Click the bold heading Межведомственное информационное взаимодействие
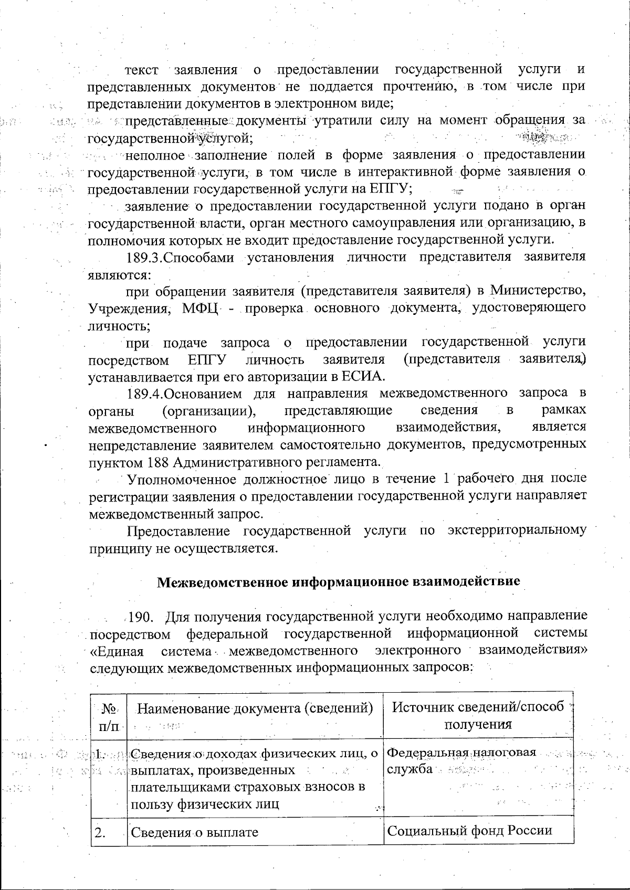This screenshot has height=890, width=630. click(x=339, y=581)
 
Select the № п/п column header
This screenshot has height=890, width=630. click(x=109, y=716)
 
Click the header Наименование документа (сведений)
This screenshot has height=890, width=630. click(x=255, y=708)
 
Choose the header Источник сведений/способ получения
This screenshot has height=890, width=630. click(x=478, y=716)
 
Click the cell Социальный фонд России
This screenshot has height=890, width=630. click(x=470, y=830)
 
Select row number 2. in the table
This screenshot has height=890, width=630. click(x=100, y=832)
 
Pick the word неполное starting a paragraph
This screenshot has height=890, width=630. click(x=155, y=155)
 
